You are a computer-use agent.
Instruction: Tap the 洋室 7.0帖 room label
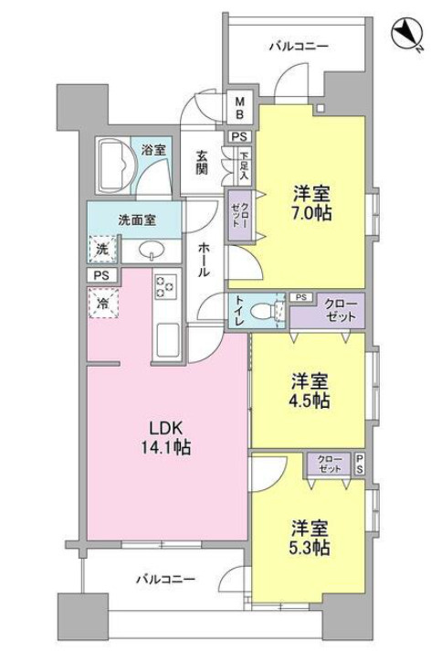tap(311, 203)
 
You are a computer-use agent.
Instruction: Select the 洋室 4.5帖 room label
tap(310, 391)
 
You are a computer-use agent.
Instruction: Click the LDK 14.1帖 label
tap(170, 438)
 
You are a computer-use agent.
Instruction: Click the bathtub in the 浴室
tap(116, 166)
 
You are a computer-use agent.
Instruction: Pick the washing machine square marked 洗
tap(103, 248)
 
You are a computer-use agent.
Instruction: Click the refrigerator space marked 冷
tap(103, 302)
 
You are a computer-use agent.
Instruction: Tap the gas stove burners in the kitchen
tap(165, 286)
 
